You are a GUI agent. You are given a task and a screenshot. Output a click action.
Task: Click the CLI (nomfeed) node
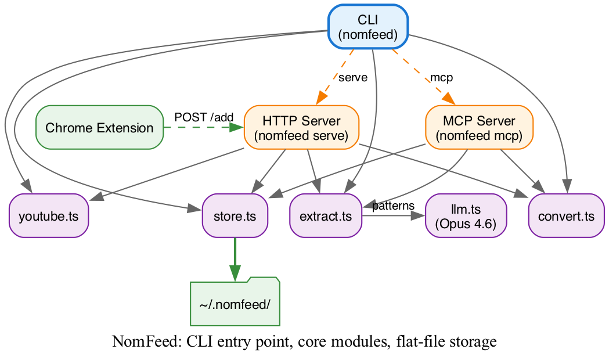click(368, 28)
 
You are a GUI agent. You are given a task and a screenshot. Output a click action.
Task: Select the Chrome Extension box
click(99, 128)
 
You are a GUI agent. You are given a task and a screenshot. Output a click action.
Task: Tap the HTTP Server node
click(301, 128)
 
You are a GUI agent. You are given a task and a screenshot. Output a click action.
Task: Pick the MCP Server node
click(479, 128)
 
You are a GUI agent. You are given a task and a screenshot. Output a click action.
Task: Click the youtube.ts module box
click(49, 216)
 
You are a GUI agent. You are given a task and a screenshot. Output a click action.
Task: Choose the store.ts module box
click(235, 216)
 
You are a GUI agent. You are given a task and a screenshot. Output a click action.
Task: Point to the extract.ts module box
click(326, 216)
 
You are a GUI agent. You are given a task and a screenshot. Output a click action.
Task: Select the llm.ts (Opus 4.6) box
click(466, 216)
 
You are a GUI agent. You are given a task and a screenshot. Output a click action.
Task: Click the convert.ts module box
click(566, 216)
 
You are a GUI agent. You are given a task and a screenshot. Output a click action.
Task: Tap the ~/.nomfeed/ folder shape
click(235, 303)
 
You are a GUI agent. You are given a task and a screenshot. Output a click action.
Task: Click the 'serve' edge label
click(353, 78)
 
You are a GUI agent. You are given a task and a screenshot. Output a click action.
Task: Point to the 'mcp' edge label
click(441, 77)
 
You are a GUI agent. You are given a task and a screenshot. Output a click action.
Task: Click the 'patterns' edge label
click(393, 206)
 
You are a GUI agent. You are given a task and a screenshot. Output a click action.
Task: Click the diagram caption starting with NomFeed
click(304, 342)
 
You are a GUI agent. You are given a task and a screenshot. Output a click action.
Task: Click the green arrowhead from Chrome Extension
click(237, 128)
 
